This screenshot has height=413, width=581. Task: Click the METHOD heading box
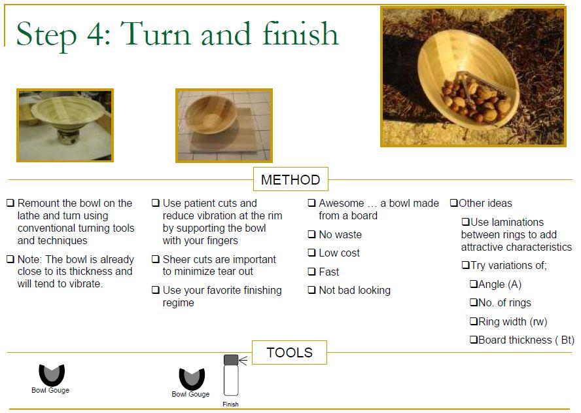click(x=290, y=179)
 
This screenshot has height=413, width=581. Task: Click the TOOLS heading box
click(x=289, y=352)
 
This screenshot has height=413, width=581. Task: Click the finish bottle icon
click(x=231, y=375)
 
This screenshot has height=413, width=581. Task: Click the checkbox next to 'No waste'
click(x=311, y=234)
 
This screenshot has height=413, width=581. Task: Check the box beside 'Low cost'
click(x=311, y=253)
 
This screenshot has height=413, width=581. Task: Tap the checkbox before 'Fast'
click(x=311, y=272)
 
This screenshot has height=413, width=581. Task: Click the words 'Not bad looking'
click(x=355, y=291)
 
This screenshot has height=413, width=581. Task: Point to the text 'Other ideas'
click(x=485, y=203)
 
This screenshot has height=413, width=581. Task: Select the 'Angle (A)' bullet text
click(x=500, y=284)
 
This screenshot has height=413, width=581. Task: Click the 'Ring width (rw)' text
click(x=513, y=321)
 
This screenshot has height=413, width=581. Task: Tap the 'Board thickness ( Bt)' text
click(x=527, y=340)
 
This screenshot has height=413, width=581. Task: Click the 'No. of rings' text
click(x=504, y=302)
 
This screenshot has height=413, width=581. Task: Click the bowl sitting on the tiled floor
click(x=211, y=115)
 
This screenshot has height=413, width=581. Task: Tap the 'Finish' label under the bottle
click(x=230, y=404)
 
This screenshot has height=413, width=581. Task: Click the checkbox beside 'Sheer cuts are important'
click(x=155, y=259)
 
